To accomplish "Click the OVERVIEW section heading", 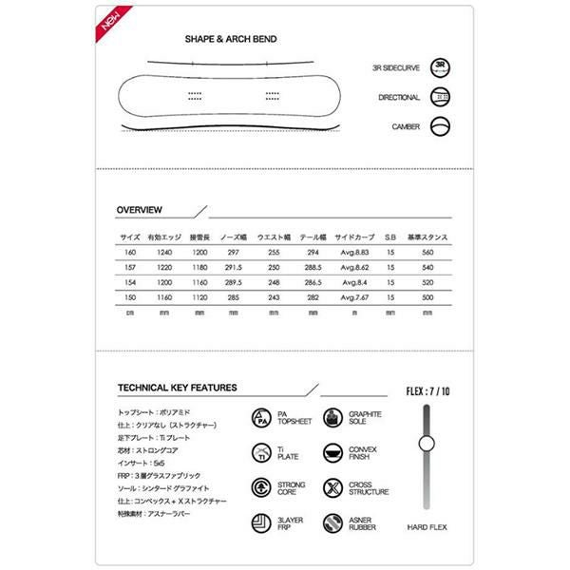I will click(x=139, y=210).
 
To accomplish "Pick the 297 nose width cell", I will click(x=233, y=253).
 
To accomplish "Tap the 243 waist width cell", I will click(x=274, y=299).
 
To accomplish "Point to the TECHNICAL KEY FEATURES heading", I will click(x=177, y=388).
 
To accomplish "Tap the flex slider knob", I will click(x=426, y=443).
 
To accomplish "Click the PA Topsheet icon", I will click(x=262, y=418).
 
